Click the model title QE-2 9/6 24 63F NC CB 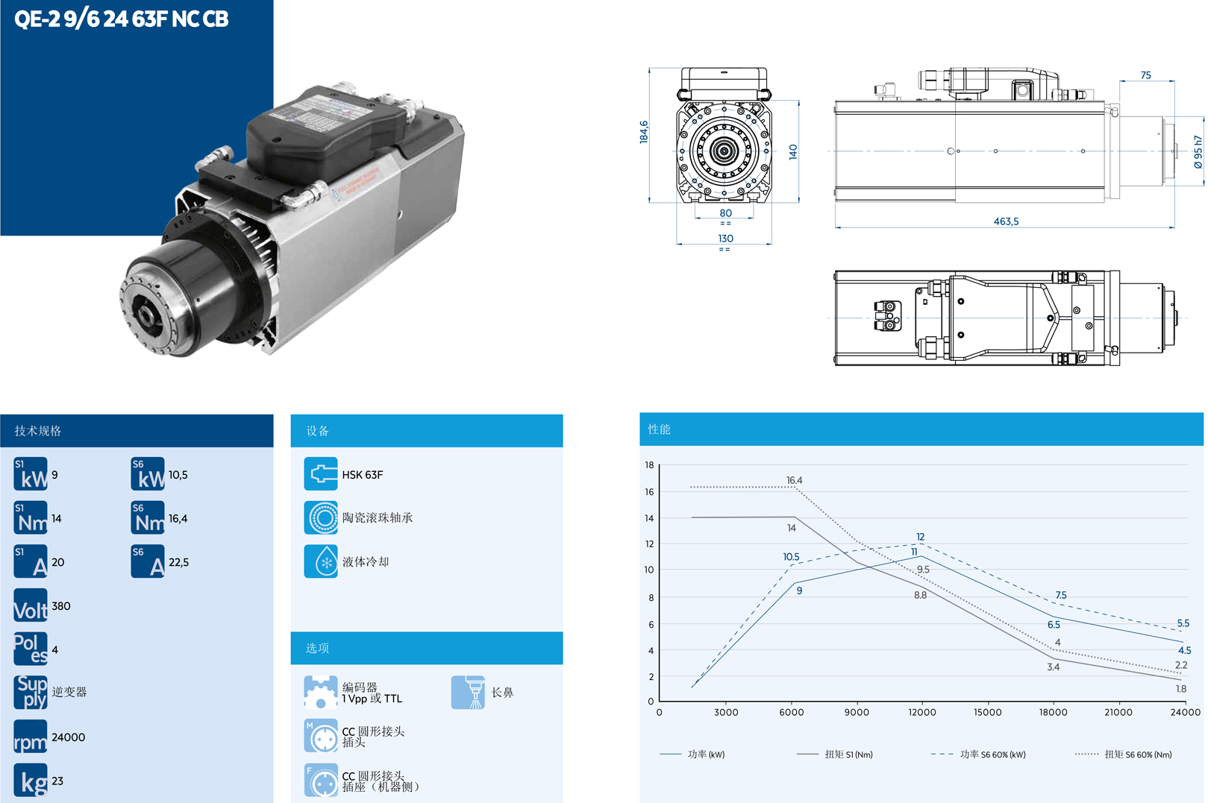(x=122, y=19)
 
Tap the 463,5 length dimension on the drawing (x=1005, y=221)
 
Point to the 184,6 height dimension (x=643, y=132)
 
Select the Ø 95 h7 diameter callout (x=1198, y=152)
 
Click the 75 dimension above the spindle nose (x=1145, y=75)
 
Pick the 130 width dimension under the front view (x=725, y=239)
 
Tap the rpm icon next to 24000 (x=31, y=737)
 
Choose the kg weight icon (x=31, y=780)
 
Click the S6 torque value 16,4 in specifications (x=178, y=518)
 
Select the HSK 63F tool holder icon (x=321, y=474)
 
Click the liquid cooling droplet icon (x=321, y=561)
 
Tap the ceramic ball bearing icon (x=321, y=517)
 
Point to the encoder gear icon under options (x=321, y=692)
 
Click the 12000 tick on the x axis (x=921, y=712)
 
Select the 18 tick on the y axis (x=649, y=465)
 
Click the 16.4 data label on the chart (x=794, y=480)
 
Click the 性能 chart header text (x=659, y=429)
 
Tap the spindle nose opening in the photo (x=145, y=316)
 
